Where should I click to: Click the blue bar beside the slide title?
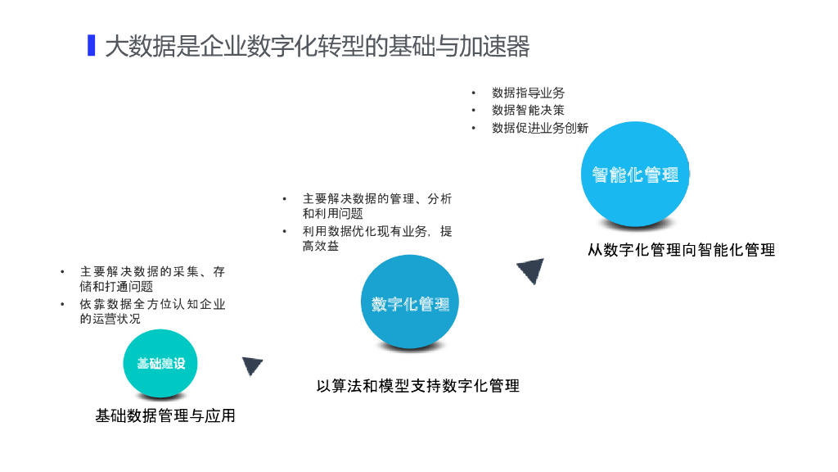(92, 45)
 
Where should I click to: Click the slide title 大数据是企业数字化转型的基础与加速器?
(317, 46)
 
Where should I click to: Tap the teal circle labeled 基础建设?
(160, 363)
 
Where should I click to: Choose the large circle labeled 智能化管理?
(635, 175)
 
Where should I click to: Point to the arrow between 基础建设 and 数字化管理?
(251, 365)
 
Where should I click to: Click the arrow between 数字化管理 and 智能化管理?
(531, 270)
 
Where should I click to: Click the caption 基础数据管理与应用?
(165, 415)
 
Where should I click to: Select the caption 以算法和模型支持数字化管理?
(417, 385)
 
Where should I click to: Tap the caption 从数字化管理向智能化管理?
(681, 250)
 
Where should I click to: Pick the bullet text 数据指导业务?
(528, 93)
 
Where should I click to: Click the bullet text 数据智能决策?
(528, 110)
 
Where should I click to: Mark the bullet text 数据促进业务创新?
(539, 128)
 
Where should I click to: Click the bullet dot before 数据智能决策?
(473, 111)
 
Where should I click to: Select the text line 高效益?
(321, 246)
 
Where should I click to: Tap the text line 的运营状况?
(110, 319)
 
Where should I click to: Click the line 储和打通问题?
(116, 286)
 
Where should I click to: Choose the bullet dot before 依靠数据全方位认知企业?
(62, 304)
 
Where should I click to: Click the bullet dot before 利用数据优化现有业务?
(285, 232)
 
